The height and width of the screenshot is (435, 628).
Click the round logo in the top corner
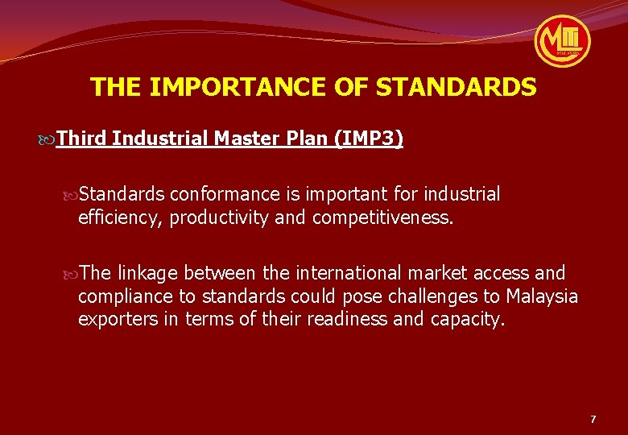[563, 40]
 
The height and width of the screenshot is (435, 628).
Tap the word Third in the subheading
[81, 139]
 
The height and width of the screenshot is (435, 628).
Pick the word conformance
[223, 194]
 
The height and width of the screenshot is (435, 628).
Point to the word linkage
[150, 273]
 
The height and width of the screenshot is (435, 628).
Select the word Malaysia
[542, 296]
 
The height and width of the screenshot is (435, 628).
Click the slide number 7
[593, 419]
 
